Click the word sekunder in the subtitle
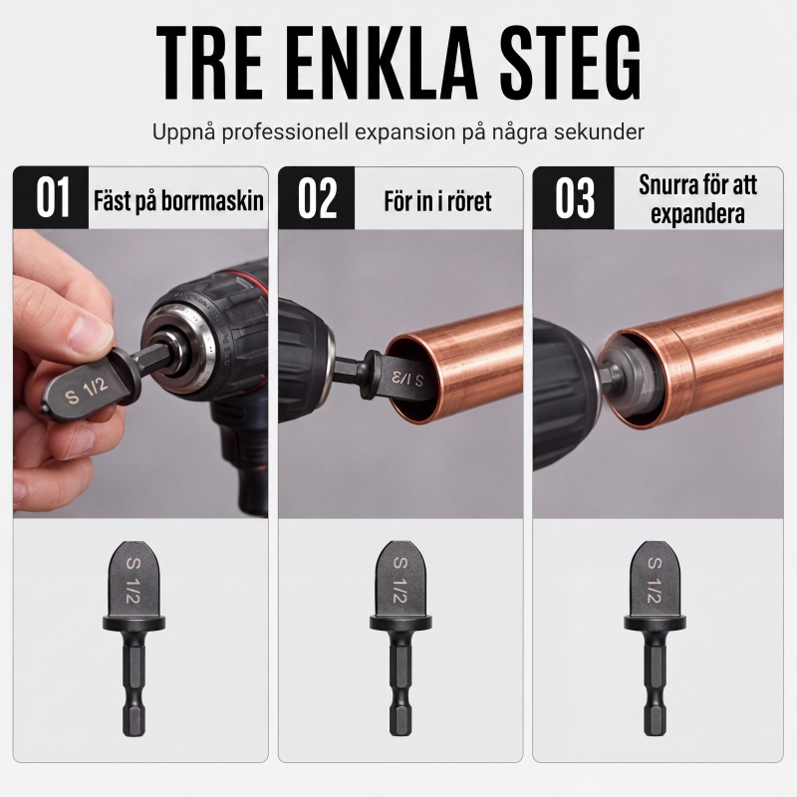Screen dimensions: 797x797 (x=599, y=133)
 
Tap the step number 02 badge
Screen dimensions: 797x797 (x=317, y=197)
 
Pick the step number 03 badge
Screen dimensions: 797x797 (x=574, y=197)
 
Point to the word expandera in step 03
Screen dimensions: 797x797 (x=697, y=214)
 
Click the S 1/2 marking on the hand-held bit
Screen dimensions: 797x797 (x=87, y=391)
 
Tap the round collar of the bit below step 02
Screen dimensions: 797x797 (x=400, y=622)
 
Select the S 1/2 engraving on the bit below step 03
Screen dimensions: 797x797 (x=655, y=580)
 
